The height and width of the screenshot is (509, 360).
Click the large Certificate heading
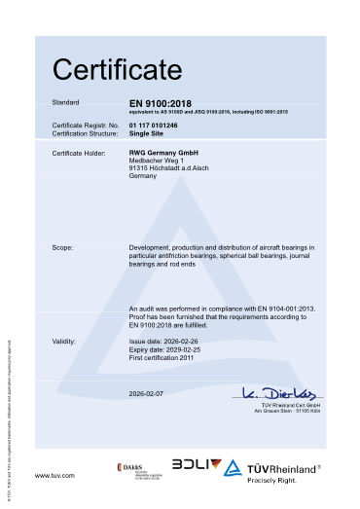[x=117, y=70]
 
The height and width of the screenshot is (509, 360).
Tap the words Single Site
[x=147, y=133]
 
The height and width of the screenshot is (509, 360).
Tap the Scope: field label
[x=63, y=248]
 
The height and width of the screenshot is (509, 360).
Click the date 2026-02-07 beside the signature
[x=148, y=393]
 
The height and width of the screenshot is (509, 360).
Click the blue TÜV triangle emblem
[x=232, y=442]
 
